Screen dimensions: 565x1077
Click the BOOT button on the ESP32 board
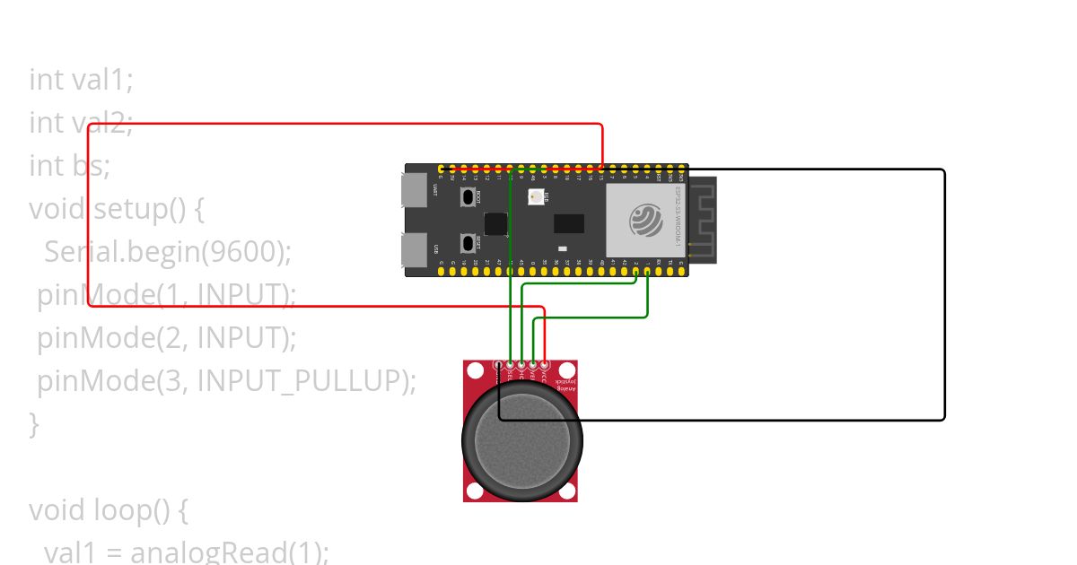467,196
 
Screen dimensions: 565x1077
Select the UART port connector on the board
414,190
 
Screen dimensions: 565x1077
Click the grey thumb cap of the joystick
521,439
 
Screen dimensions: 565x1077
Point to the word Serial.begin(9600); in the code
168,252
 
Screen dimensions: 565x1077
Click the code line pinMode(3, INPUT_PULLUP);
226,381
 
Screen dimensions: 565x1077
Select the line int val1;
81,80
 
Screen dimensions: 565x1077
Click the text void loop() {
108,510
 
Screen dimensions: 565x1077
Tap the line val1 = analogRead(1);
186,552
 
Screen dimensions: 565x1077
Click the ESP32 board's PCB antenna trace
703,220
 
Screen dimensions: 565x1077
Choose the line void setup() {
117,209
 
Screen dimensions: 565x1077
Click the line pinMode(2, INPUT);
166,338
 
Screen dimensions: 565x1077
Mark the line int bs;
69,166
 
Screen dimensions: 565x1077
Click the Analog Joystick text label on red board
565,385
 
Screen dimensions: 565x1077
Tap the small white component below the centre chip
562,248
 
